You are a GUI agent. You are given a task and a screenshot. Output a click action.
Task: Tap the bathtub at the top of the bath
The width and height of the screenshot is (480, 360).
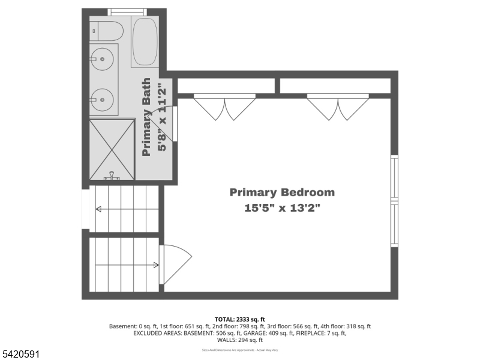[x=144, y=42]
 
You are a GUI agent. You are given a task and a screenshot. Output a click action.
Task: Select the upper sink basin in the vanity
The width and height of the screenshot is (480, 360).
[x=103, y=59]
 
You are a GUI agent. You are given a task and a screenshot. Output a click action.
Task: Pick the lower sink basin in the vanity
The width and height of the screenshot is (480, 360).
[x=103, y=96]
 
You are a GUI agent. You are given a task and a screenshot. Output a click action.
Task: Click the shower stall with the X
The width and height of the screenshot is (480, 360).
[x=112, y=149]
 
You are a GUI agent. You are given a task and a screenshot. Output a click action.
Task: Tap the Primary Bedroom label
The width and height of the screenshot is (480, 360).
[x=282, y=193]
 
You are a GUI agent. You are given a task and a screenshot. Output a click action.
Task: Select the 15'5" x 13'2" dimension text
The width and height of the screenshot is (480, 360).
[x=282, y=209]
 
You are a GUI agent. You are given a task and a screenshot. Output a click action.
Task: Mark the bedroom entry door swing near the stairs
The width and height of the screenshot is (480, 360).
[x=175, y=263]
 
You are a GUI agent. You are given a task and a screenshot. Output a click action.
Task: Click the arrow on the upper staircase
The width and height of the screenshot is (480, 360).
[x=126, y=209]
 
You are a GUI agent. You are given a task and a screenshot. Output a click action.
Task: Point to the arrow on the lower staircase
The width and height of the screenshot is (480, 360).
[x=126, y=265]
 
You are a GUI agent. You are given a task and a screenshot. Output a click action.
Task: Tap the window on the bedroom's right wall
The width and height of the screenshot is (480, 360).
[x=394, y=201]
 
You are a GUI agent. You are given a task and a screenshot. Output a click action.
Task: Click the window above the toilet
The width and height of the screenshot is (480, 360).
[x=127, y=12]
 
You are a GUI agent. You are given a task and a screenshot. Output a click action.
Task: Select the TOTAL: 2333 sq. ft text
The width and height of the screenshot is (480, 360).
[x=239, y=319]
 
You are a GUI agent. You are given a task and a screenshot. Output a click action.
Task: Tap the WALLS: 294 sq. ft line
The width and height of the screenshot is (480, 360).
[x=239, y=340]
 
